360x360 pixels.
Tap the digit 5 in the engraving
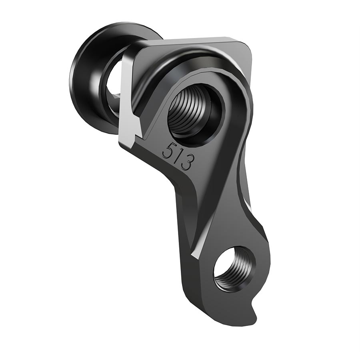click(x=168, y=151)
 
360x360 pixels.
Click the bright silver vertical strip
click(x=127, y=96)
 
